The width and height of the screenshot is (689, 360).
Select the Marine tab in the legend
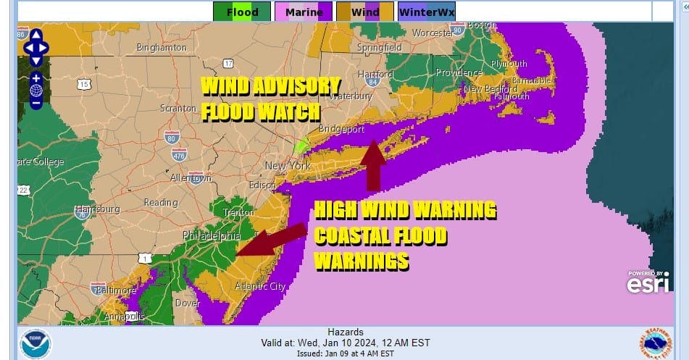pyautogui.click(x=303, y=12)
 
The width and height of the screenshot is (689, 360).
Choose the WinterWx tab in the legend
pyautogui.click(x=427, y=12)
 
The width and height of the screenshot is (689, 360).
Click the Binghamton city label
pyautogui.click(x=162, y=48)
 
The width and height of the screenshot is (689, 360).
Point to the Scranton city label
pyautogui.click(x=178, y=108)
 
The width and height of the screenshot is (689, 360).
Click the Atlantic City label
pyautogui.click(x=259, y=287)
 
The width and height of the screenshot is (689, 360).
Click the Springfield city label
pyautogui.click(x=380, y=48)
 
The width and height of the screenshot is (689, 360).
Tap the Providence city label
pyautogui.click(x=458, y=73)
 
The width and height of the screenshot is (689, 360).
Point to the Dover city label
pyautogui.click(x=188, y=304)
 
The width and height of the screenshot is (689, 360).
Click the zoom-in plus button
pyautogui.click(x=36, y=78)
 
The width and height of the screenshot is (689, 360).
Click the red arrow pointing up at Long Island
pyautogui.click(x=373, y=165)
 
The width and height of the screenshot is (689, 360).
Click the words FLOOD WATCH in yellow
pyautogui.click(x=261, y=112)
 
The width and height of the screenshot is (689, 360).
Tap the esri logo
pyautogui.click(x=647, y=283)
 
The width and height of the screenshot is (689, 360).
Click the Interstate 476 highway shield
pyautogui.click(x=180, y=154)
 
